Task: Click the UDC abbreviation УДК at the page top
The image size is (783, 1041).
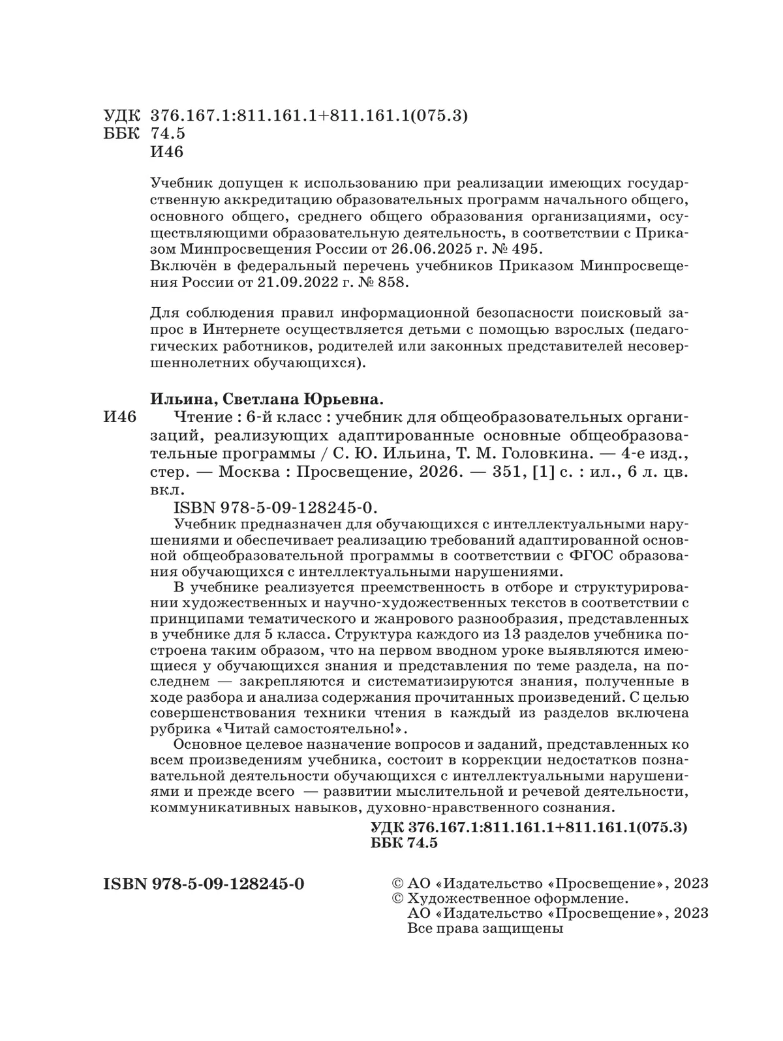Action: [x=121, y=116]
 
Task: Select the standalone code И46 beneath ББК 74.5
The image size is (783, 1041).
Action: [x=167, y=152]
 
